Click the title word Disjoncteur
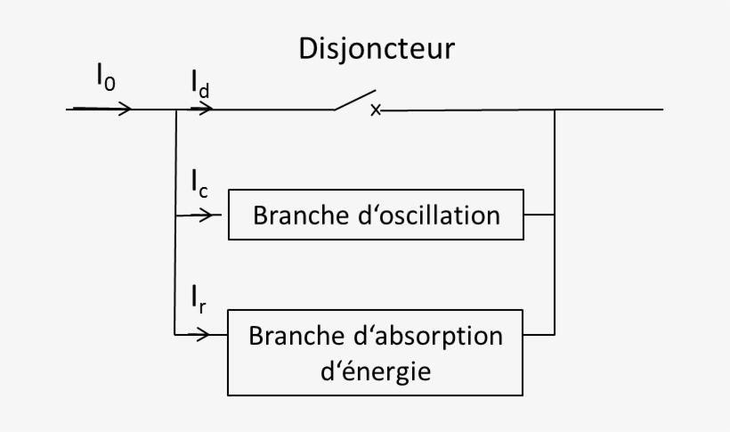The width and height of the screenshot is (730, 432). [376, 48]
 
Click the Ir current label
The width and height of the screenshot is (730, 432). [199, 298]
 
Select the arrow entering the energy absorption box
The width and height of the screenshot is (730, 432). [204, 336]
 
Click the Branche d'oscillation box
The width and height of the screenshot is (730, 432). [376, 215]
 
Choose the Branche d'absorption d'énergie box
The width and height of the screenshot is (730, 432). [376, 353]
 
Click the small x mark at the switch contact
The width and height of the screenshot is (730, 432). [376, 110]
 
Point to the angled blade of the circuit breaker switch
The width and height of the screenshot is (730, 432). [355, 100]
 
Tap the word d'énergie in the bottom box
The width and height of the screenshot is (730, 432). [375, 370]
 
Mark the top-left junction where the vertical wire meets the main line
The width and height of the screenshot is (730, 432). [177, 110]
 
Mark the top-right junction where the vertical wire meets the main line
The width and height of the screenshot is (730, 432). [556, 110]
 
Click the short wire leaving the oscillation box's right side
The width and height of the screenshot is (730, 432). [539, 215]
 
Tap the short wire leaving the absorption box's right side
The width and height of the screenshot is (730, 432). [539, 336]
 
